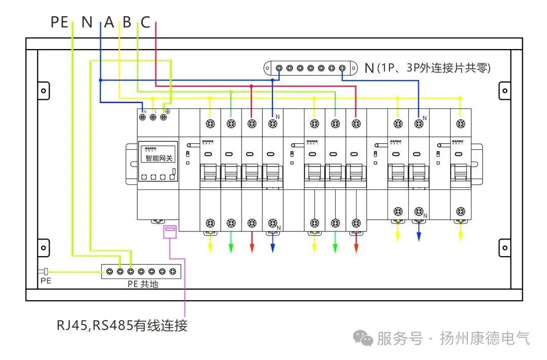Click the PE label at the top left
tap(59, 22)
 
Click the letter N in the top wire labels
tap(87, 22)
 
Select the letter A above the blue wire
tap(109, 22)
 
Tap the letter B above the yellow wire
tap(127, 22)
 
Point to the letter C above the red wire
tap(145, 22)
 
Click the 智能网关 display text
tap(159, 158)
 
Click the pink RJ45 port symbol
tap(169, 232)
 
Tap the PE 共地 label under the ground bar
tap(143, 284)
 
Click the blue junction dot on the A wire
tap(100, 80)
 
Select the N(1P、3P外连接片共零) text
tap(427, 68)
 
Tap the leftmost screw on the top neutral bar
tap(279, 68)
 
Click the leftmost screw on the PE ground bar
tap(109, 272)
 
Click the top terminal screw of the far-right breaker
tap(460, 123)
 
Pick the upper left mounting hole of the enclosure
tap(44, 91)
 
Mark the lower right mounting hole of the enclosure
tap(504, 248)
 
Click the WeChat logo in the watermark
tap(364, 338)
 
